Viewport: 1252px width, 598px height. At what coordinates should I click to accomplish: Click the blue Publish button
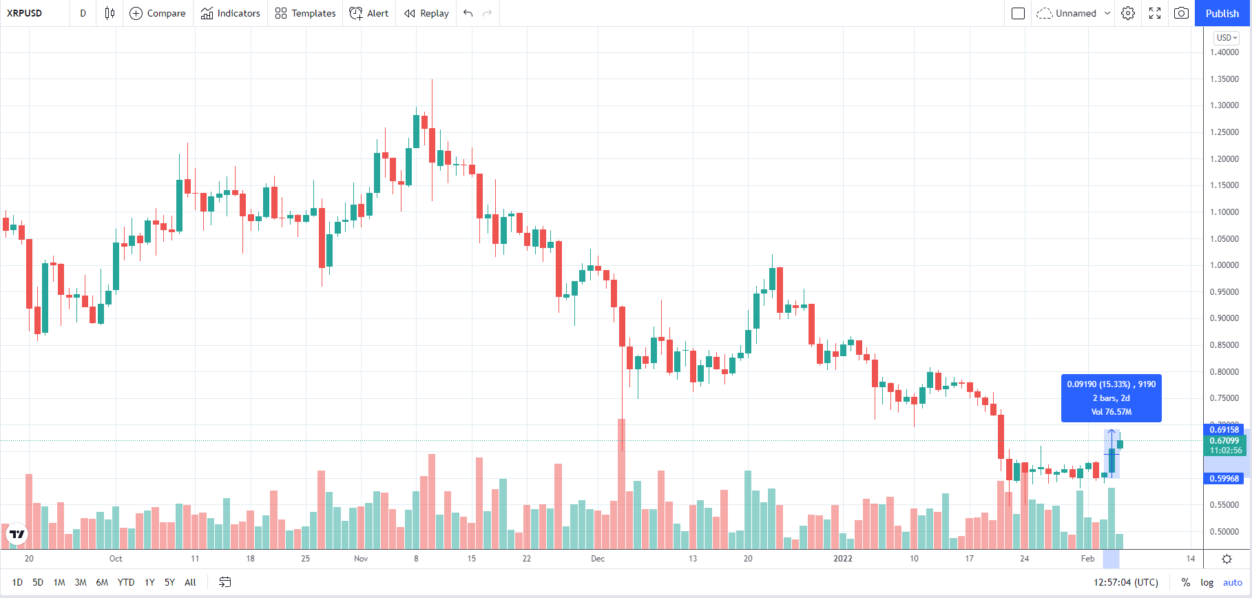point(1222,13)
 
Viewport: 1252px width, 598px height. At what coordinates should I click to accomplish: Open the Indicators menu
point(231,13)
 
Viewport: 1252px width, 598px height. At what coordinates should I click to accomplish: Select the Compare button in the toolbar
point(158,13)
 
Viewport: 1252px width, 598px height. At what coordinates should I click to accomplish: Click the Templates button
point(305,13)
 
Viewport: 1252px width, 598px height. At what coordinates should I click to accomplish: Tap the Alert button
point(369,13)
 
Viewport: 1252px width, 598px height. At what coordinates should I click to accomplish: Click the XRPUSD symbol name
point(25,13)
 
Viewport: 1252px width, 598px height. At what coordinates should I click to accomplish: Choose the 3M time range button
point(81,582)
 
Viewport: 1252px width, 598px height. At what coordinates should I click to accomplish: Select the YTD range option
point(125,582)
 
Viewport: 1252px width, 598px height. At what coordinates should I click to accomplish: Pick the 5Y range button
point(169,582)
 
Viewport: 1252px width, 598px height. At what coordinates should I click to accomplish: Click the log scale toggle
point(1207,582)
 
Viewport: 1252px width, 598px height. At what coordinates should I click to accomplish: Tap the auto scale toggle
point(1233,582)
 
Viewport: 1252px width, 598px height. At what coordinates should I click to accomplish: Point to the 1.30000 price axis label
point(1224,105)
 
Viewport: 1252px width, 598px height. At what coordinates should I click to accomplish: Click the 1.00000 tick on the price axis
point(1224,265)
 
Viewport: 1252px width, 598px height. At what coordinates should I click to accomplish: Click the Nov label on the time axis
point(361,559)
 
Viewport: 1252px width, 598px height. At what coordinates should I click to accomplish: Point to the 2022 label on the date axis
point(843,559)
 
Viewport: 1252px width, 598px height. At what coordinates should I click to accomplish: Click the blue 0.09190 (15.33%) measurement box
point(1111,398)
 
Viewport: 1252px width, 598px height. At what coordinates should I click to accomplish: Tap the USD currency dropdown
point(1227,38)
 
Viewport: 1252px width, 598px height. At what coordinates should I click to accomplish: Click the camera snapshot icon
point(1181,13)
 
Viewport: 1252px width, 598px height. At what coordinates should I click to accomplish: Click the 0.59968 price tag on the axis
point(1224,479)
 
